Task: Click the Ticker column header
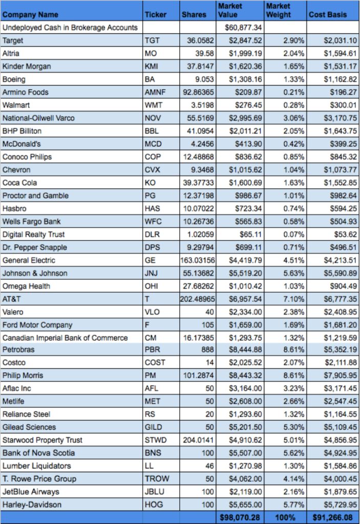coord(156,15)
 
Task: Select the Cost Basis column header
coord(328,15)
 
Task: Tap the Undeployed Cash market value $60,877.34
coord(243,28)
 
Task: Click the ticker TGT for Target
coord(152,40)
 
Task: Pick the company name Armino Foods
coord(26,92)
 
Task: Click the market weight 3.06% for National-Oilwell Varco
coord(293,118)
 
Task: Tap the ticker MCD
coord(153,144)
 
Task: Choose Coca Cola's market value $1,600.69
coord(245,183)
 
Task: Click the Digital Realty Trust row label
coord(33,234)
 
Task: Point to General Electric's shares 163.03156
coord(198,260)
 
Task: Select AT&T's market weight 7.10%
coord(293,299)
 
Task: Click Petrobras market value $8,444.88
coord(245,350)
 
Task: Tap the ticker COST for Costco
coord(155,363)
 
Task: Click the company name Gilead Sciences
coord(29,427)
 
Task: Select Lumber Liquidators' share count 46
coord(209,466)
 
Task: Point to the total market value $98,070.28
coord(240,518)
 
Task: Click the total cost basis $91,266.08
coord(332,518)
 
